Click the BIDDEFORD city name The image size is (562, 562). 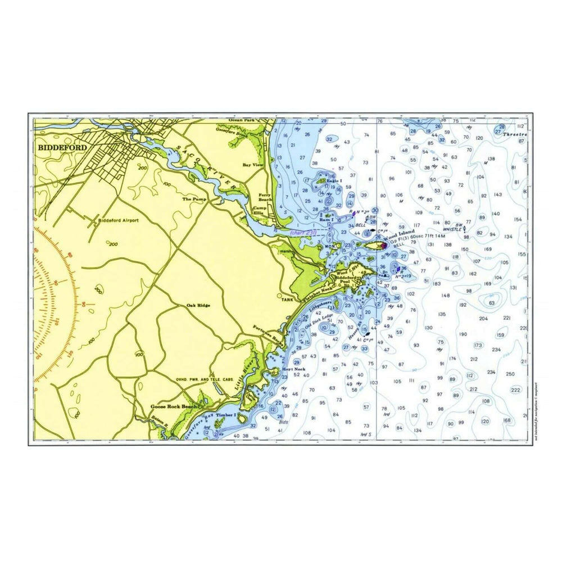point(62,147)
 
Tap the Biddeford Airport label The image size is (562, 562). point(119,220)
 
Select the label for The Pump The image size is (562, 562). point(194,199)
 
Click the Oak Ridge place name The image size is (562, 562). point(198,305)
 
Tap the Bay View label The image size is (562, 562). point(253,165)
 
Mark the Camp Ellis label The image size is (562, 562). point(258,210)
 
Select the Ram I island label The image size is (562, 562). point(327,220)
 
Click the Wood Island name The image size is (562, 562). point(400,232)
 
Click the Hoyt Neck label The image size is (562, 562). point(293,369)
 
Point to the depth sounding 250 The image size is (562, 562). point(510,374)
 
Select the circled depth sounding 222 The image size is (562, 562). point(515,389)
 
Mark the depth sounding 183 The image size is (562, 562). point(436,284)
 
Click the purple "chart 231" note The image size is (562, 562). point(303,232)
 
